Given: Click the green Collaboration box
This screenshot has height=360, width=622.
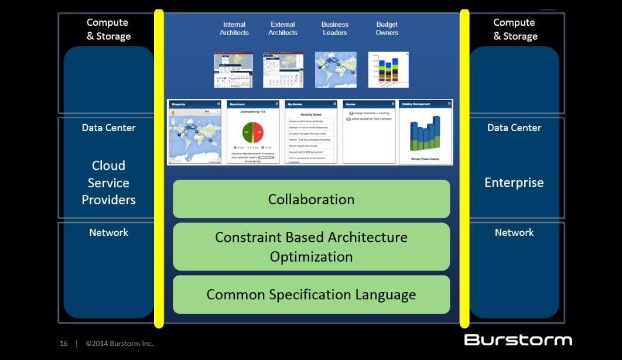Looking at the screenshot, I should click(311, 199).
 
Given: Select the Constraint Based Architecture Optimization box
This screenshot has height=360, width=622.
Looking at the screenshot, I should click(311, 246).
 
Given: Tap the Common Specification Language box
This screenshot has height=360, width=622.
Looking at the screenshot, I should click(311, 294).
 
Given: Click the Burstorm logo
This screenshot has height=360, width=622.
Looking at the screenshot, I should click(518, 340).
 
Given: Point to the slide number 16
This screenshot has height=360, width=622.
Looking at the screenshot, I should click(63, 344).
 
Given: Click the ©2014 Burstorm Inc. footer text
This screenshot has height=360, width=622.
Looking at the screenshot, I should click(119, 344).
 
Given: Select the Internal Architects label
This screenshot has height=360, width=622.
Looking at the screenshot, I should click(234, 29).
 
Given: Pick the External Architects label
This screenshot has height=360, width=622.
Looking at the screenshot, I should click(283, 29).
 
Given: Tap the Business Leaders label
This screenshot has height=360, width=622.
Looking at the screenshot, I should click(335, 29).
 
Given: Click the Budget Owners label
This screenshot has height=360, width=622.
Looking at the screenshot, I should click(387, 29).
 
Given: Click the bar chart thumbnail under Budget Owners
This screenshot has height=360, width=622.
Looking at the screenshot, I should click(388, 70).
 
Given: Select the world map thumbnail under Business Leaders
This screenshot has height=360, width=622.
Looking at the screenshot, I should click(336, 70).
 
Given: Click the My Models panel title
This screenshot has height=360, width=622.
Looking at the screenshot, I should click(295, 104).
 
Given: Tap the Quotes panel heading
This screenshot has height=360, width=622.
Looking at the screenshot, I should click(351, 104).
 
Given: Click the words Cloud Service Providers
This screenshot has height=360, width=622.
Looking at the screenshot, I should click(108, 183).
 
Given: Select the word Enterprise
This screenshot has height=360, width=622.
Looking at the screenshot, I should click(514, 183).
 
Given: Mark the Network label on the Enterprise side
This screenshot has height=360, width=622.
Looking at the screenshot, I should click(514, 232).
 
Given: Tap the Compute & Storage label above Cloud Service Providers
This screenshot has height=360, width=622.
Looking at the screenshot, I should click(108, 29).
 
